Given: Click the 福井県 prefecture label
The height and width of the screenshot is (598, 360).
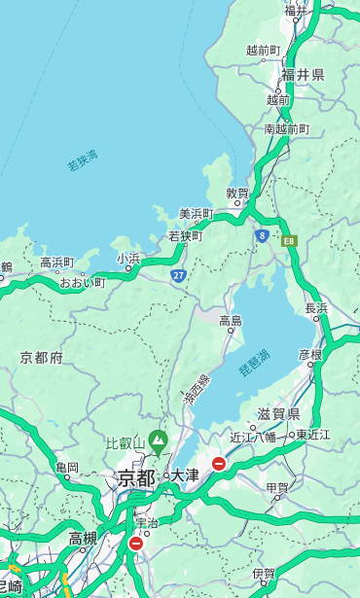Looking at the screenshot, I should (303, 74).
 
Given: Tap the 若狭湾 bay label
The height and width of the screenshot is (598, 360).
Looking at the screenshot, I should (83, 160).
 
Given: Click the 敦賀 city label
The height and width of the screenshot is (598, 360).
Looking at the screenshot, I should (237, 193).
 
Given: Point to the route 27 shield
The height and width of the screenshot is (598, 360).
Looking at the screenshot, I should (178, 276).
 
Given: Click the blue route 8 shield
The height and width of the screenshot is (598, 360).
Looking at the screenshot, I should (262, 235).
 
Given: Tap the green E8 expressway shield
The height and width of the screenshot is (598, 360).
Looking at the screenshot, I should (289, 240).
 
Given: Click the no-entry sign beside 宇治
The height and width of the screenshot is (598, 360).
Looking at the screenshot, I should (135, 544).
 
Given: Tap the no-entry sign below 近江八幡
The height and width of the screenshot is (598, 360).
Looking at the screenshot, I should (220, 464).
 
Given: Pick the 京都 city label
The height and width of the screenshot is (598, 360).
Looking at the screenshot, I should (136, 477).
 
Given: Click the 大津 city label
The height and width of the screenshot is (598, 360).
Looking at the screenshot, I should (185, 476).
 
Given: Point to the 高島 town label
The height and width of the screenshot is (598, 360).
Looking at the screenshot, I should (231, 321).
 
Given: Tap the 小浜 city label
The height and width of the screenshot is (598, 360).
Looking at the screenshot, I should (128, 258).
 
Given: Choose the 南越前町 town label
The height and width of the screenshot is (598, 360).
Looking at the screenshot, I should (286, 128).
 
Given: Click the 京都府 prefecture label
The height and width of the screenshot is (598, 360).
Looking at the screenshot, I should (41, 358).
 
